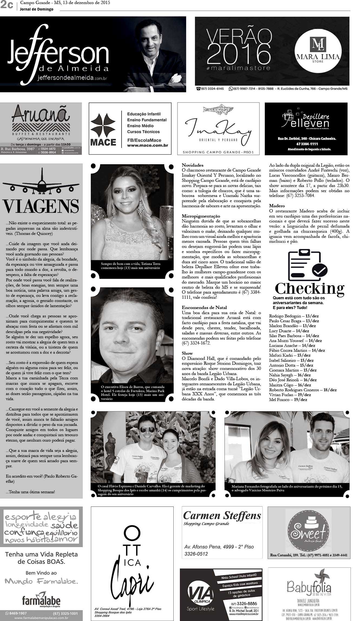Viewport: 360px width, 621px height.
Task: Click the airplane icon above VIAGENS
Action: [41, 182]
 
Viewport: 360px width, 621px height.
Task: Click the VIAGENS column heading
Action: [41, 206]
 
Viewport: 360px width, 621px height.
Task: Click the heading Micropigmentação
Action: [201, 216]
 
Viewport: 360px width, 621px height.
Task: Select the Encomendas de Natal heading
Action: [204, 308]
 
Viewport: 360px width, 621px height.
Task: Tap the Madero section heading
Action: [277, 206]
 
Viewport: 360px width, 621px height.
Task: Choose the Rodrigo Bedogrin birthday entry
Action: [285, 316]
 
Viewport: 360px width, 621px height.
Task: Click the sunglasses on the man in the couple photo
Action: [145, 431]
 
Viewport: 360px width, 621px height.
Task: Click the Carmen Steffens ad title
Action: [222, 515]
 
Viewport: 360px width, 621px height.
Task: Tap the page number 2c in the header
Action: [7, 5]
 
